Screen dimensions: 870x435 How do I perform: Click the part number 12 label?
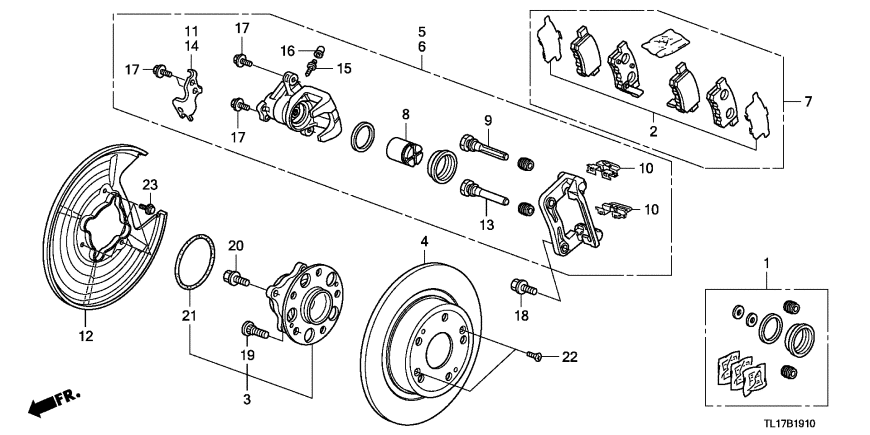[86, 336]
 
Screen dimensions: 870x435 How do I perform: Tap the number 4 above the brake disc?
[424, 242]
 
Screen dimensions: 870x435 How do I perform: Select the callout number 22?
[570, 357]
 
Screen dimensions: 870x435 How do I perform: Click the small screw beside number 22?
[534, 355]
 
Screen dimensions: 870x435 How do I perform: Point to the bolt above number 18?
[523, 287]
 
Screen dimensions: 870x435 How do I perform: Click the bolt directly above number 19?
[255, 331]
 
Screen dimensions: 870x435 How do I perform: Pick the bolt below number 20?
[236, 279]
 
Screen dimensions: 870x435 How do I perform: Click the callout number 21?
[190, 316]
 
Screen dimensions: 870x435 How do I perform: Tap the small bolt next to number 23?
[148, 209]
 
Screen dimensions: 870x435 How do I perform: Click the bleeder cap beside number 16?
[319, 52]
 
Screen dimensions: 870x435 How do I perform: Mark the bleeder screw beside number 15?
[310, 69]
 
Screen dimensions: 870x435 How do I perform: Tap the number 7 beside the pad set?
[808, 102]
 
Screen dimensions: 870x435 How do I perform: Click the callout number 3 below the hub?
[247, 399]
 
